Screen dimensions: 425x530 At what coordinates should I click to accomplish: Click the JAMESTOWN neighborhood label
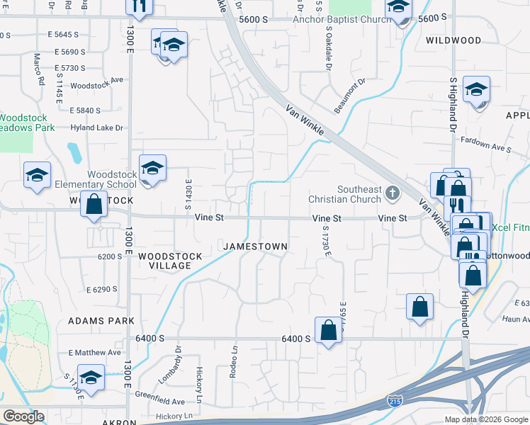pos(255,246)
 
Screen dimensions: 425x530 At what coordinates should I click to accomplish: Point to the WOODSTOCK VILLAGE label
pos(164,260)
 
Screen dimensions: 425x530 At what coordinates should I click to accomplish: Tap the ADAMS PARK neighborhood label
pos(101,321)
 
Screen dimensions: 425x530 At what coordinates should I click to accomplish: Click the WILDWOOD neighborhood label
pos(453,40)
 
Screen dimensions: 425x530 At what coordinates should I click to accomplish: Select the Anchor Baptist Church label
pos(342,19)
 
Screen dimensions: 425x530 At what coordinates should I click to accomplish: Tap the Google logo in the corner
pos(23,416)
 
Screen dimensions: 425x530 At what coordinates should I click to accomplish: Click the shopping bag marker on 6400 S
pos(329,330)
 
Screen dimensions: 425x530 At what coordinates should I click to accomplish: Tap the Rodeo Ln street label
pos(232,362)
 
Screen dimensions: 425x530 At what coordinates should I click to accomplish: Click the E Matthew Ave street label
pos(94,352)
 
